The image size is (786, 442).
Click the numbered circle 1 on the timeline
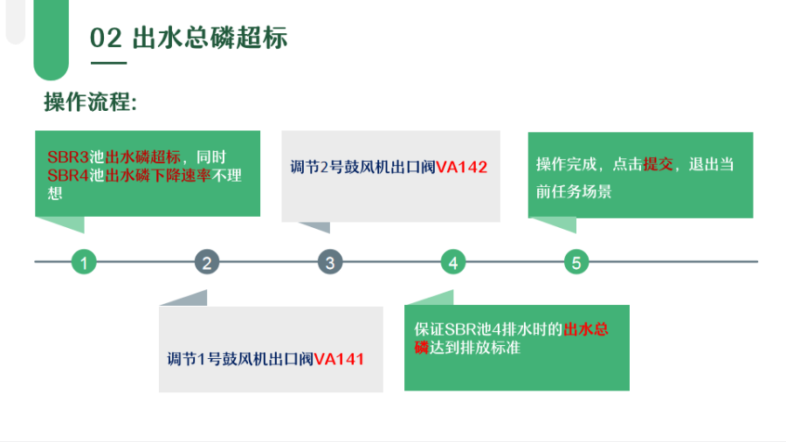click(84, 262)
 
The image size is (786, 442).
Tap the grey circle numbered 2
click(206, 262)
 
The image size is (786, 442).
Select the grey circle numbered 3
click(330, 262)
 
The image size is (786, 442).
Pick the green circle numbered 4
click(453, 262)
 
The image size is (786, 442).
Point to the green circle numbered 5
click(576, 262)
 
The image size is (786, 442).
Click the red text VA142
click(462, 167)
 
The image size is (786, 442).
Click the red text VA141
click(339, 359)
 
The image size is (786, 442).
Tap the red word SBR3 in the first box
click(67, 157)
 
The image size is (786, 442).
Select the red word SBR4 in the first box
click(67, 176)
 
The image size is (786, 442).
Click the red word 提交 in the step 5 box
click(658, 164)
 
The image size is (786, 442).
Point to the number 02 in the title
click(106, 38)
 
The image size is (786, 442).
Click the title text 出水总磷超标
click(210, 38)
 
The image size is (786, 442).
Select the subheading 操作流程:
click(90, 102)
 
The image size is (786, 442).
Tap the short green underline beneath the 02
click(109, 63)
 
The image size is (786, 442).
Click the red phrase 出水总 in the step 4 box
click(586, 329)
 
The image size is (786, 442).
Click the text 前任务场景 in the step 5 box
click(574, 191)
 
